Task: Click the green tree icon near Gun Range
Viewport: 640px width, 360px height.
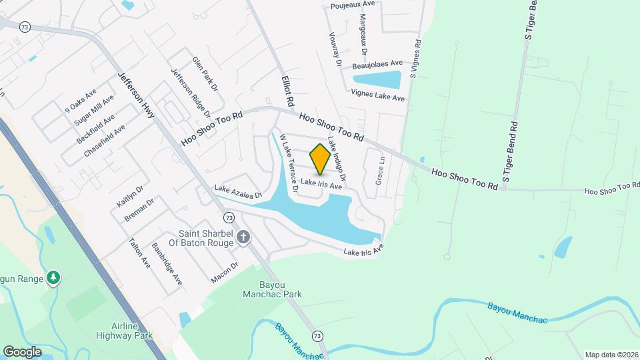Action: point(53,277)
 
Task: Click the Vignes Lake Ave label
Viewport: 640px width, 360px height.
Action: point(378,97)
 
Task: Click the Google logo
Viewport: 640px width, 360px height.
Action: point(22,351)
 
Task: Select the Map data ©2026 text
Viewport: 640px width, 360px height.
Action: point(611,355)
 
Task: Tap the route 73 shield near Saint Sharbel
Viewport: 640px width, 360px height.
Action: point(229,217)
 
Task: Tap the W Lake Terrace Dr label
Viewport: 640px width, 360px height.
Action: point(288,163)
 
